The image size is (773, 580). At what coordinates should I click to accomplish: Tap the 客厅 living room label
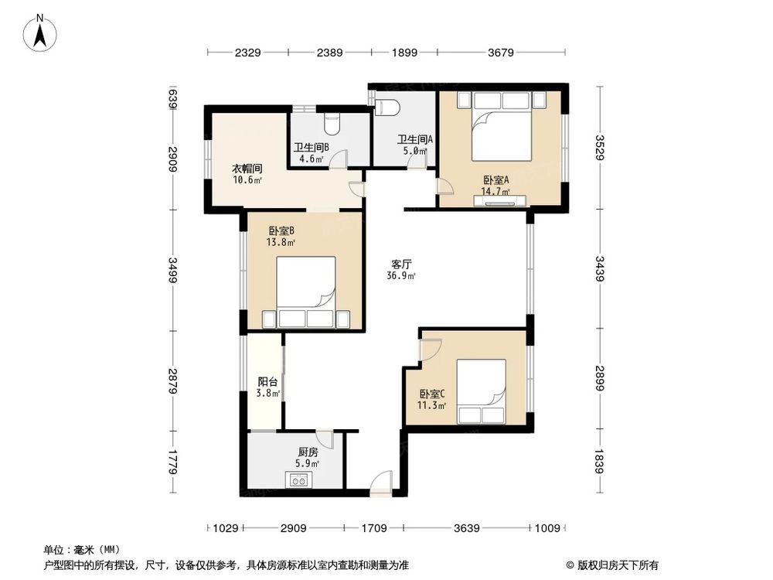point(401,264)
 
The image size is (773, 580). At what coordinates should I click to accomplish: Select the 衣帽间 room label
point(247,169)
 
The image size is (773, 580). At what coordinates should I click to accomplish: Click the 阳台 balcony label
point(267,381)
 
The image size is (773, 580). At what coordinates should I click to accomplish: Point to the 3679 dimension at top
point(501,53)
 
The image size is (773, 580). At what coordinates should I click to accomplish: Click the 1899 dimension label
point(404,53)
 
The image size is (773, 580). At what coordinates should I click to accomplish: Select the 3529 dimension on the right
point(601,147)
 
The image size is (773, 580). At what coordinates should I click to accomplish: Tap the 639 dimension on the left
point(173,99)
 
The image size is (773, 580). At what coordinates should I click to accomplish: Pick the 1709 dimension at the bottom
point(373,528)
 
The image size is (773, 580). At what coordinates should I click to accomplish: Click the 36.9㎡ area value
point(401,276)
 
